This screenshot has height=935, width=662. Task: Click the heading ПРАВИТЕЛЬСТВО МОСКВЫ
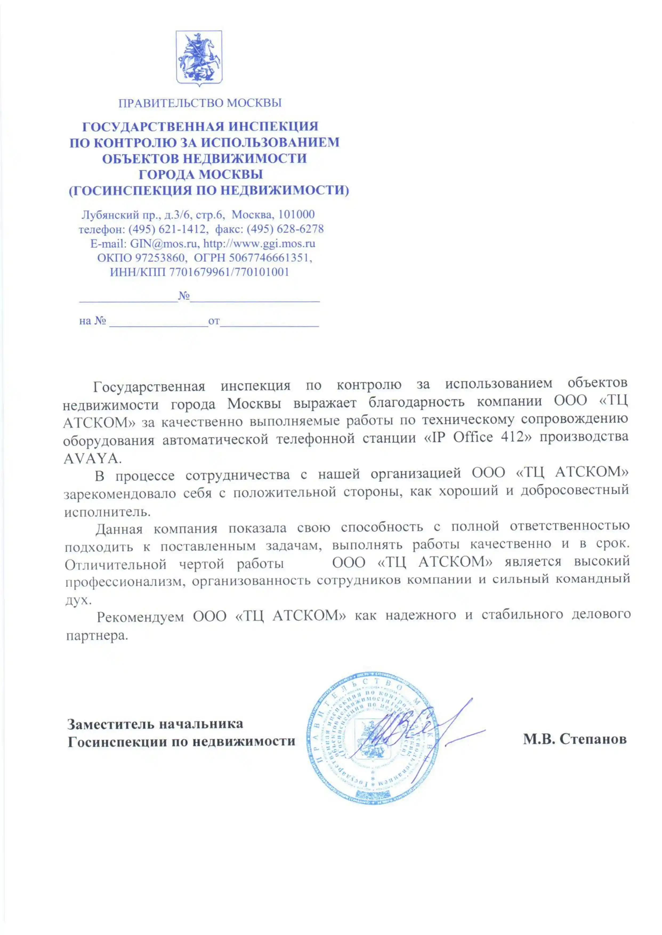click(200, 103)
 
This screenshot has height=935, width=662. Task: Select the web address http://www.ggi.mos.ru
click(259, 244)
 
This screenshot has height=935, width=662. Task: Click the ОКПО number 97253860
click(161, 258)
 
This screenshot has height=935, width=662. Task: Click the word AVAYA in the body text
click(92, 459)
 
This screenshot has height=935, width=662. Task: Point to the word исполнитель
click(107, 512)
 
